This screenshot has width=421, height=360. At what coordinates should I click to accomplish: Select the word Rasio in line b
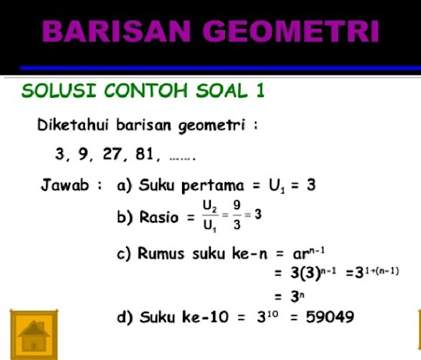tap(158, 217)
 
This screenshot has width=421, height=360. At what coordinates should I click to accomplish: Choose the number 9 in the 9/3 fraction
tap(237, 207)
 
